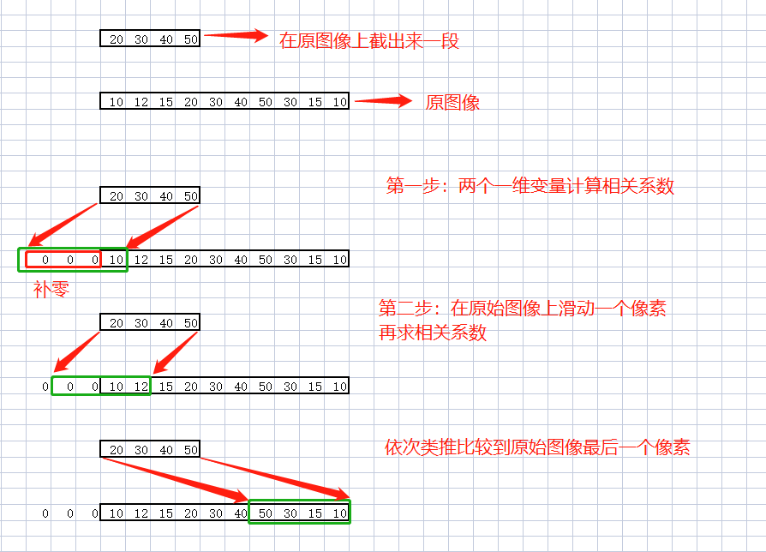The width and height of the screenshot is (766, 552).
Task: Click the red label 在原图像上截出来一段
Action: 369,40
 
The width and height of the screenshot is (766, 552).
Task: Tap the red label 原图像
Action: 452,103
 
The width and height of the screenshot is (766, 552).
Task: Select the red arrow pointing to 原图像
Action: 384,101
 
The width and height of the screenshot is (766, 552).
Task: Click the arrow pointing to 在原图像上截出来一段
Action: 236,36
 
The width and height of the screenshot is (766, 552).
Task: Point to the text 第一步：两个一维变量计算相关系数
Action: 530,186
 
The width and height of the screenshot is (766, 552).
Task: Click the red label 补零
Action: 51,289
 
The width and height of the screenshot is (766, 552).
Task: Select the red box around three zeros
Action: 63,259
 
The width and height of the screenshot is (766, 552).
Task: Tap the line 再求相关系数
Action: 433,333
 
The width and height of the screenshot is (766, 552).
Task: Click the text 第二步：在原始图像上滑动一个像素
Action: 522,309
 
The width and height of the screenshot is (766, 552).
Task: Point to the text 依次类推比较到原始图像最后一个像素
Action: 537,447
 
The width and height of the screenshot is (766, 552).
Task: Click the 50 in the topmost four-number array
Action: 190,39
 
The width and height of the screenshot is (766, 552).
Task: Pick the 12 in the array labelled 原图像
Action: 141,102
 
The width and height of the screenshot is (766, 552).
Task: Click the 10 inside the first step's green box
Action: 117,260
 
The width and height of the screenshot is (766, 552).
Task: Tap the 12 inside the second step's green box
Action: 141,387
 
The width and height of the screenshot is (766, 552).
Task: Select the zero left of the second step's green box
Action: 45,387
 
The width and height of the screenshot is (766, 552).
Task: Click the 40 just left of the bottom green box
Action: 241,513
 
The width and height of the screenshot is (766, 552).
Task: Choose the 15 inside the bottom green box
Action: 315,513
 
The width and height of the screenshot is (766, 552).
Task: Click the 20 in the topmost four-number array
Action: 117,39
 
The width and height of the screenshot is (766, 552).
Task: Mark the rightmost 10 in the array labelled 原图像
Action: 340,102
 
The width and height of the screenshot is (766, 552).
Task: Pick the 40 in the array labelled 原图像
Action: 241,102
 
